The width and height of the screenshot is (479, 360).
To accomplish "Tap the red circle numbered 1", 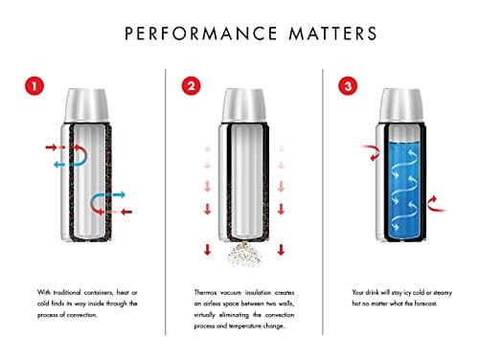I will (x=34, y=87).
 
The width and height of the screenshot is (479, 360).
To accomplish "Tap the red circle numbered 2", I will (x=191, y=87).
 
